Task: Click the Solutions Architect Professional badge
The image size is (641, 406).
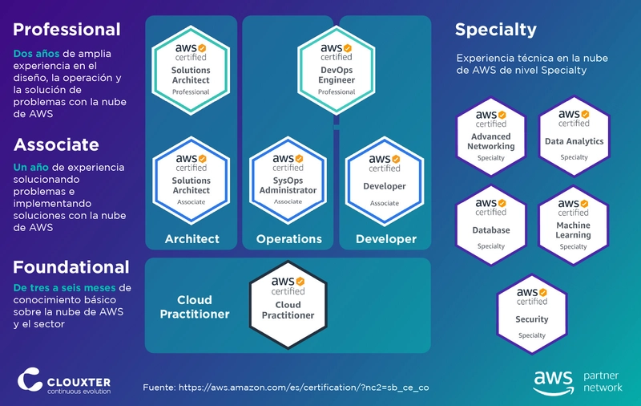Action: tap(191, 70)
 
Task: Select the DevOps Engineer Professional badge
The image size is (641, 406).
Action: tap(336, 70)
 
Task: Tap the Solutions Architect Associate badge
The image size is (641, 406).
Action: tap(191, 181)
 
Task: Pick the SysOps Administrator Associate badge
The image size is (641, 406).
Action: tap(288, 181)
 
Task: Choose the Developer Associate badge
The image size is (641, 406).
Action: tap(385, 181)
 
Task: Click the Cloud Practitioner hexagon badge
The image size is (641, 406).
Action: tap(288, 305)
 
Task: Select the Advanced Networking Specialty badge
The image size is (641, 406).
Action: tap(491, 136)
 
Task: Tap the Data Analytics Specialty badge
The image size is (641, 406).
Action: tap(574, 136)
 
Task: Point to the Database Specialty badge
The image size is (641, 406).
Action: tap(491, 225)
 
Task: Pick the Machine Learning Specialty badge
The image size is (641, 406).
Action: tap(573, 225)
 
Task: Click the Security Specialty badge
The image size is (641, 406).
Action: tap(532, 314)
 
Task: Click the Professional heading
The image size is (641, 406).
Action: tap(67, 30)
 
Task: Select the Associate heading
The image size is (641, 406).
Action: tap(56, 144)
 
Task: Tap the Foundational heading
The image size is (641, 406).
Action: tap(71, 267)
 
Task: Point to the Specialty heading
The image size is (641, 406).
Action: tap(495, 30)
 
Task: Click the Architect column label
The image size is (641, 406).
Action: tap(192, 239)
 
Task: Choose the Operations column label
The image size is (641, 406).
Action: tap(289, 239)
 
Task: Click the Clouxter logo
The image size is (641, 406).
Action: tap(64, 380)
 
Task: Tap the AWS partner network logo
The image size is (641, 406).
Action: tap(578, 382)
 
